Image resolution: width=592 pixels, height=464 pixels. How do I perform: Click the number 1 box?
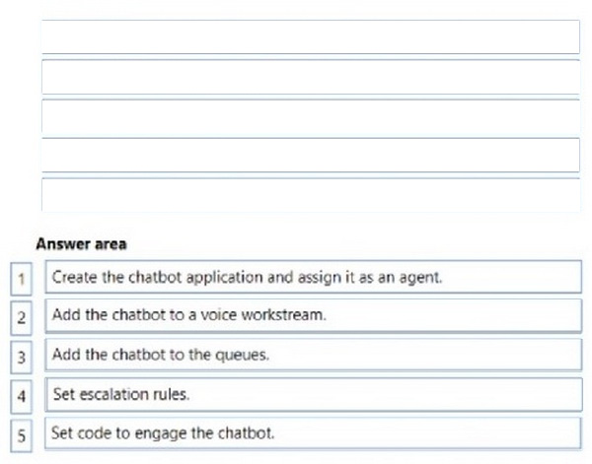click(x=21, y=279)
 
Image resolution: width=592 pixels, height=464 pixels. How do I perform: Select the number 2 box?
click(x=21, y=318)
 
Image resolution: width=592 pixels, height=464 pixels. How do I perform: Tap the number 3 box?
click(x=21, y=357)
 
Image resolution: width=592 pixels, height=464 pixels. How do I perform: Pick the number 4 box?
click(x=21, y=396)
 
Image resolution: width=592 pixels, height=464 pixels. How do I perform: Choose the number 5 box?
click(x=21, y=435)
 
